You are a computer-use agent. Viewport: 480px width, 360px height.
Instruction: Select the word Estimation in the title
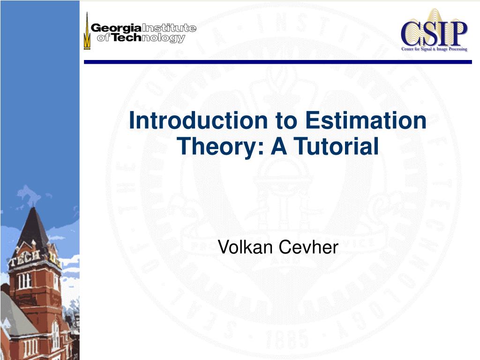click(x=366, y=120)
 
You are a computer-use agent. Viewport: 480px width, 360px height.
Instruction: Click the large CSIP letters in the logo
click(x=434, y=32)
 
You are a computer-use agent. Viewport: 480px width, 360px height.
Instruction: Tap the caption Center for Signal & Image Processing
click(x=434, y=49)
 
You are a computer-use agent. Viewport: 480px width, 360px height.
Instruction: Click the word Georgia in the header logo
click(x=116, y=28)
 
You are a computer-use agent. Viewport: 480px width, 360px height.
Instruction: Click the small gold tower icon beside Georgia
click(x=86, y=31)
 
